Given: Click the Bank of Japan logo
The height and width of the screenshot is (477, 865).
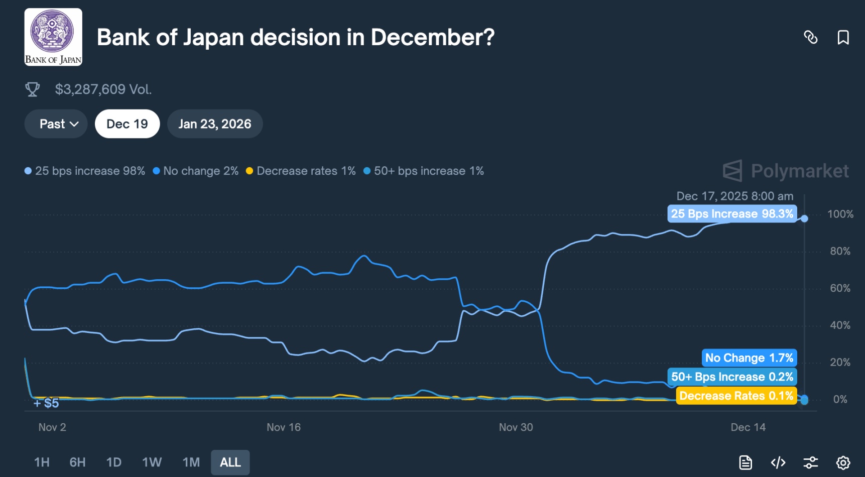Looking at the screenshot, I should coord(53,37).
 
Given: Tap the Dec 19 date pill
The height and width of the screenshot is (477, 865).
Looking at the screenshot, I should coord(127,124).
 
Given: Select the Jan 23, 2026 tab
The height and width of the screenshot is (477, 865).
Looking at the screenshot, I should coord(215,124).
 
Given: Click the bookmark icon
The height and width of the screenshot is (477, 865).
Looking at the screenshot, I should coord(843,38).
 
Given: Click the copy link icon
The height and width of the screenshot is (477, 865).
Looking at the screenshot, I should coord(810,38).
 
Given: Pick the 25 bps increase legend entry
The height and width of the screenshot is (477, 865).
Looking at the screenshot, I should coord(85,171).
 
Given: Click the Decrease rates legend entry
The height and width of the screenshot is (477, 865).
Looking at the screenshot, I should coord(301,171).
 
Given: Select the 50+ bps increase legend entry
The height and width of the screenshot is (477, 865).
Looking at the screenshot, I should coord(424,171).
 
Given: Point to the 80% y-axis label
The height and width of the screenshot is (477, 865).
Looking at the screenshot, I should coord(840,251).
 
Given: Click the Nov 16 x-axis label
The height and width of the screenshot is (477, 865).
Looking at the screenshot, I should coord(284,427).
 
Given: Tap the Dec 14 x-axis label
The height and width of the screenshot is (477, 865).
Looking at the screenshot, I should coord(748,427).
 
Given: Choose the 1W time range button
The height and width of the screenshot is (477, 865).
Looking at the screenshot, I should coord(152,462).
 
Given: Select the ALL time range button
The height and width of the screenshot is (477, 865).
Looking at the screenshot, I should coord(230,462).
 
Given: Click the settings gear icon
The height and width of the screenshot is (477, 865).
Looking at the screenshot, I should coord(843,462).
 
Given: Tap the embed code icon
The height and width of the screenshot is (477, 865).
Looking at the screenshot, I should coord(778,462).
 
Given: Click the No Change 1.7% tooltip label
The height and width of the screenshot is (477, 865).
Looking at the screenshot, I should coord(749,358).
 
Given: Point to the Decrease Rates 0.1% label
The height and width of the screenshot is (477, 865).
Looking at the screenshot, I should coord(736,396).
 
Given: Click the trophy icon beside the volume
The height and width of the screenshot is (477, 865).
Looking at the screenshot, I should coord(33,89).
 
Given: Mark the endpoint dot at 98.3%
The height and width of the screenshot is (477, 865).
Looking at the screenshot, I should coord(804,218).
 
